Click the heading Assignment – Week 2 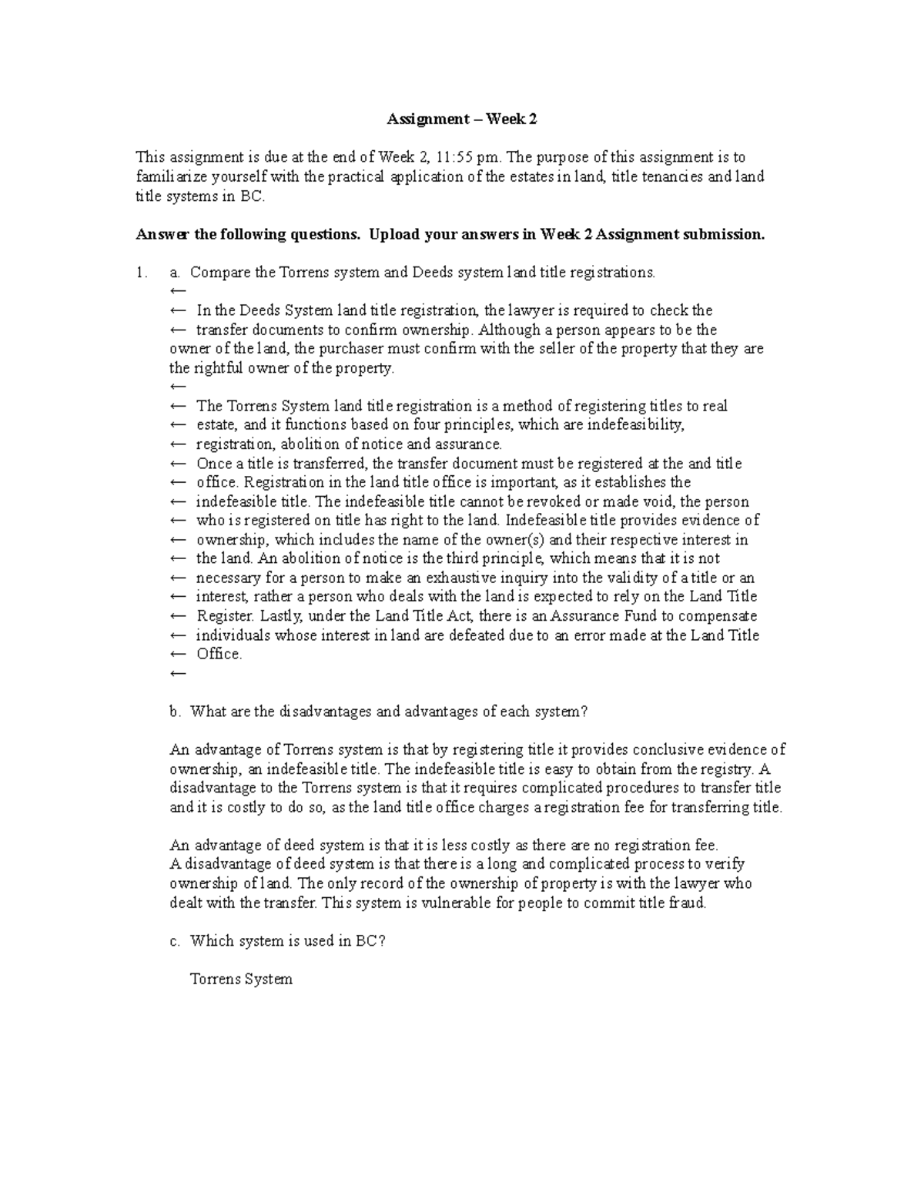coord(461,119)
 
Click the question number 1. coord(140,273)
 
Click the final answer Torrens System coord(241,980)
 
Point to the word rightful coord(213,368)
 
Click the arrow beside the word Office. coord(177,655)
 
